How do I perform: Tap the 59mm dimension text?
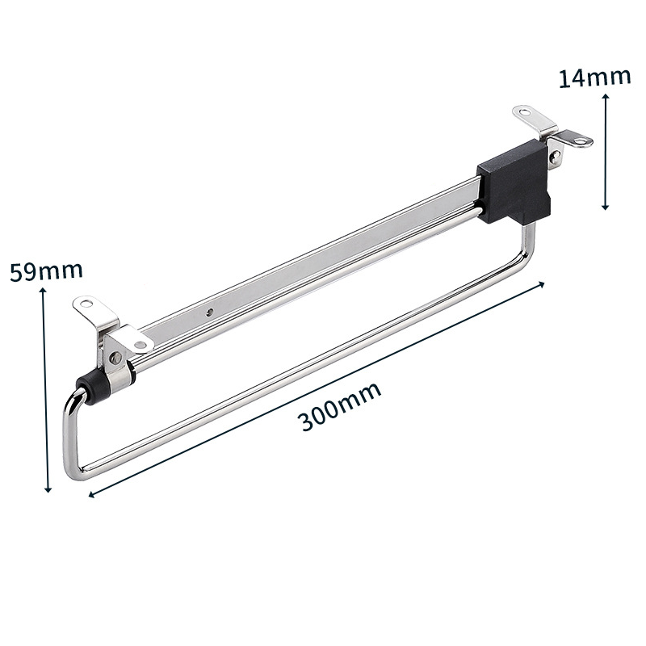click(x=46, y=271)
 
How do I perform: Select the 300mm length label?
click(x=339, y=406)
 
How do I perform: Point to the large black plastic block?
click(x=514, y=182)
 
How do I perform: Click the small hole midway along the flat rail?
click(x=210, y=312)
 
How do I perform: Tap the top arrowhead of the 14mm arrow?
click(x=605, y=97)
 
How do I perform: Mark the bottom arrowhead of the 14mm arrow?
click(x=605, y=207)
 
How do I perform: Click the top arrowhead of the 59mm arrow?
click(x=43, y=291)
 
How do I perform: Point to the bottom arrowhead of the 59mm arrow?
click(x=48, y=489)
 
